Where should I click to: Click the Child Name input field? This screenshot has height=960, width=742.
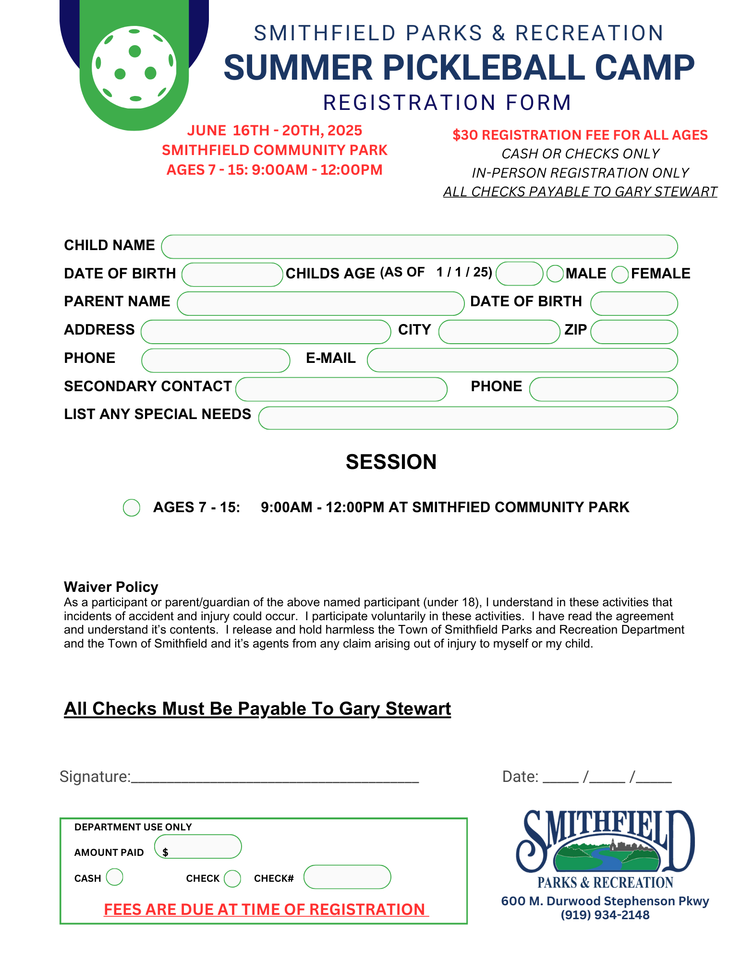(419, 247)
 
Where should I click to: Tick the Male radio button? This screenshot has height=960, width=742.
(555, 274)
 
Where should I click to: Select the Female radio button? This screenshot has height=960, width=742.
(620, 274)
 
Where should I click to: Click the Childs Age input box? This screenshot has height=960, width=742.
(519, 274)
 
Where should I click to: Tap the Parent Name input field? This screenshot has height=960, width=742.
(320, 303)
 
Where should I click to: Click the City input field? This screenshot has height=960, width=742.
(499, 332)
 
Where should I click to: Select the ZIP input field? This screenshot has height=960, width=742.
(634, 332)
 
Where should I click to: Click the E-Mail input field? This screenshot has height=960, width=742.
(522, 360)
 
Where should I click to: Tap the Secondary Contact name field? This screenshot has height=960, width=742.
(341, 389)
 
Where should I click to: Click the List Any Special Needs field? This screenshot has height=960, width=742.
(468, 418)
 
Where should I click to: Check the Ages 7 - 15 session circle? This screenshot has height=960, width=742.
(132, 507)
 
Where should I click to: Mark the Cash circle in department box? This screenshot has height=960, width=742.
(115, 877)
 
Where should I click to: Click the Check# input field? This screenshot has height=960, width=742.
(347, 877)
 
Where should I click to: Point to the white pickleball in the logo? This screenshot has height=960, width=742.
(134, 67)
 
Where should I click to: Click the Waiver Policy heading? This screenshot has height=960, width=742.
(111, 587)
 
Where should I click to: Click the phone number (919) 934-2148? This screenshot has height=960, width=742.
(605, 915)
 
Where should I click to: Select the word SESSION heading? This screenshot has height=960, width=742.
(391, 462)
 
